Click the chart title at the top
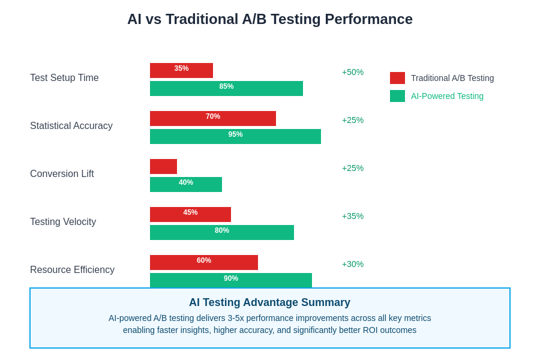coord(270,19)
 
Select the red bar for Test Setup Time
coord(181,70)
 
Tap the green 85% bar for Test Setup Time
coord(226,88)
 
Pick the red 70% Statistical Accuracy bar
coord(213,118)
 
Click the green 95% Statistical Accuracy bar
coord(235,136)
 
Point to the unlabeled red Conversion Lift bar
coord(163,166)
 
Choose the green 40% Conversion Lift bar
coord(186,184)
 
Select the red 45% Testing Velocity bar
coord(190,214)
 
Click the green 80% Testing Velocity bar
coord(222,232)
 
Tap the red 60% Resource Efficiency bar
coord(204,262)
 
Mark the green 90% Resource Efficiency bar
coord(231,280)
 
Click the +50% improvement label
coord(353,72)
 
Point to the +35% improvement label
coord(353,216)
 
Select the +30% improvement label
coord(353,264)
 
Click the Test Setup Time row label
coord(64,78)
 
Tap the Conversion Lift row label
coord(62,174)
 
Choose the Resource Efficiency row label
coord(72,270)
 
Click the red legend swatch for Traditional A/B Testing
coord(397,78)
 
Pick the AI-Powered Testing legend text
coord(447,96)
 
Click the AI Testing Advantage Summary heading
coord(269,302)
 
